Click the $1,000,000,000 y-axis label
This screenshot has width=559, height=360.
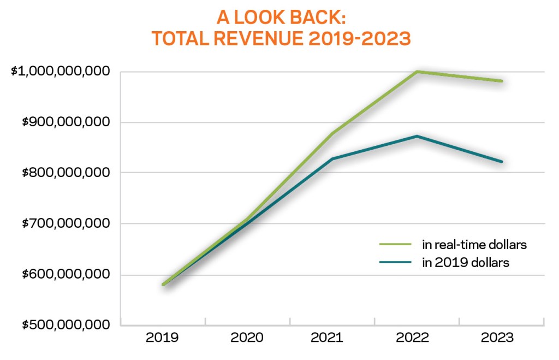[x=61, y=72]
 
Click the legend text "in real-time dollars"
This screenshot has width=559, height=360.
[x=474, y=245]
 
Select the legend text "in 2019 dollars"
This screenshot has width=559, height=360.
[x=465, y=263]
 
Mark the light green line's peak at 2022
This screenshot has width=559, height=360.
[x=417, y=72]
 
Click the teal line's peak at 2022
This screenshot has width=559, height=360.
[x=417, y=136]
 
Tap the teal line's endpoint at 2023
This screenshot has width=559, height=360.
[x=502, y=162]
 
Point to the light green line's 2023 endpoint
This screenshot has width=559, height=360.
[x=502, y=81]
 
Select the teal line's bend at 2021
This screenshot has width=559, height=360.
[x=332, y=158]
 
